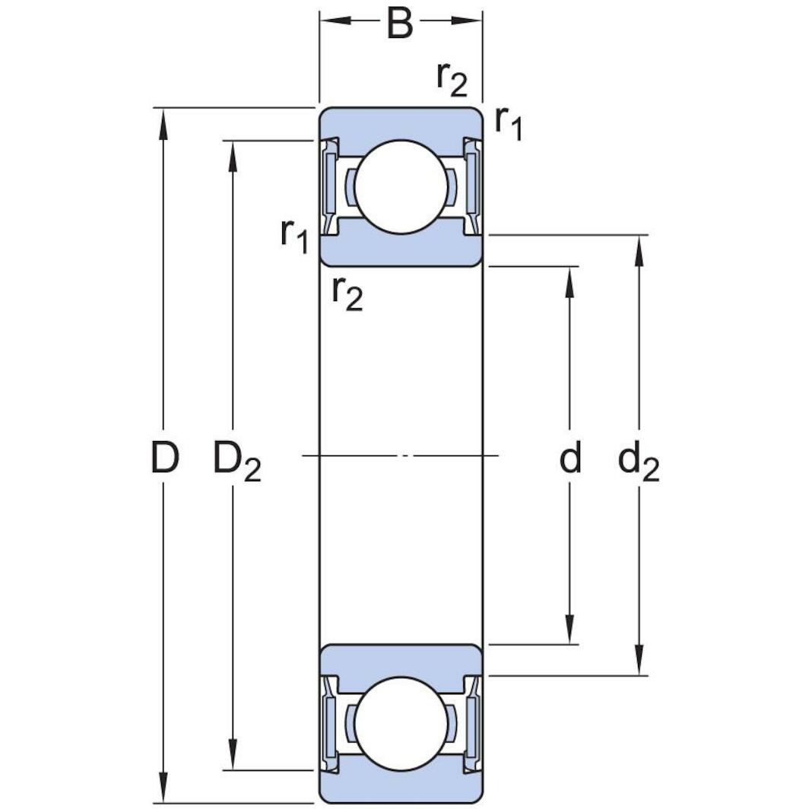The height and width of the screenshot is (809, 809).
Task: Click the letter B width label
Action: [400, 24]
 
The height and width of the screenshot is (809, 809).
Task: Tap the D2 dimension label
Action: [236, 461]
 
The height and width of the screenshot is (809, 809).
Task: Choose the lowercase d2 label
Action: [638, 462]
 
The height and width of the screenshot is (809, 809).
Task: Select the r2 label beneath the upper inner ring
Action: [347, 293]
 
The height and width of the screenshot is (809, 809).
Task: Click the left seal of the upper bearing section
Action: [329, 187]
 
